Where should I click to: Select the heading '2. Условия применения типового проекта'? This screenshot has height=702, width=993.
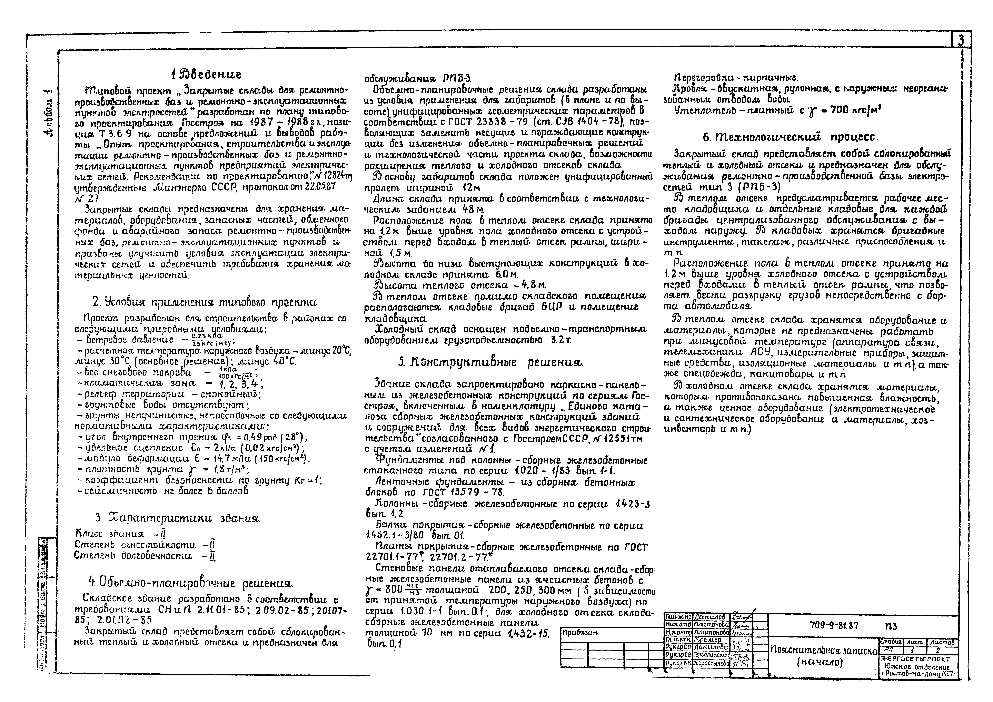coord(205,301)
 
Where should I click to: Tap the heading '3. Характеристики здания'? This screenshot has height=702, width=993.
coord(177,518)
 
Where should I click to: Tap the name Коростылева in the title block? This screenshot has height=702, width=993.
coord(711,663)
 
